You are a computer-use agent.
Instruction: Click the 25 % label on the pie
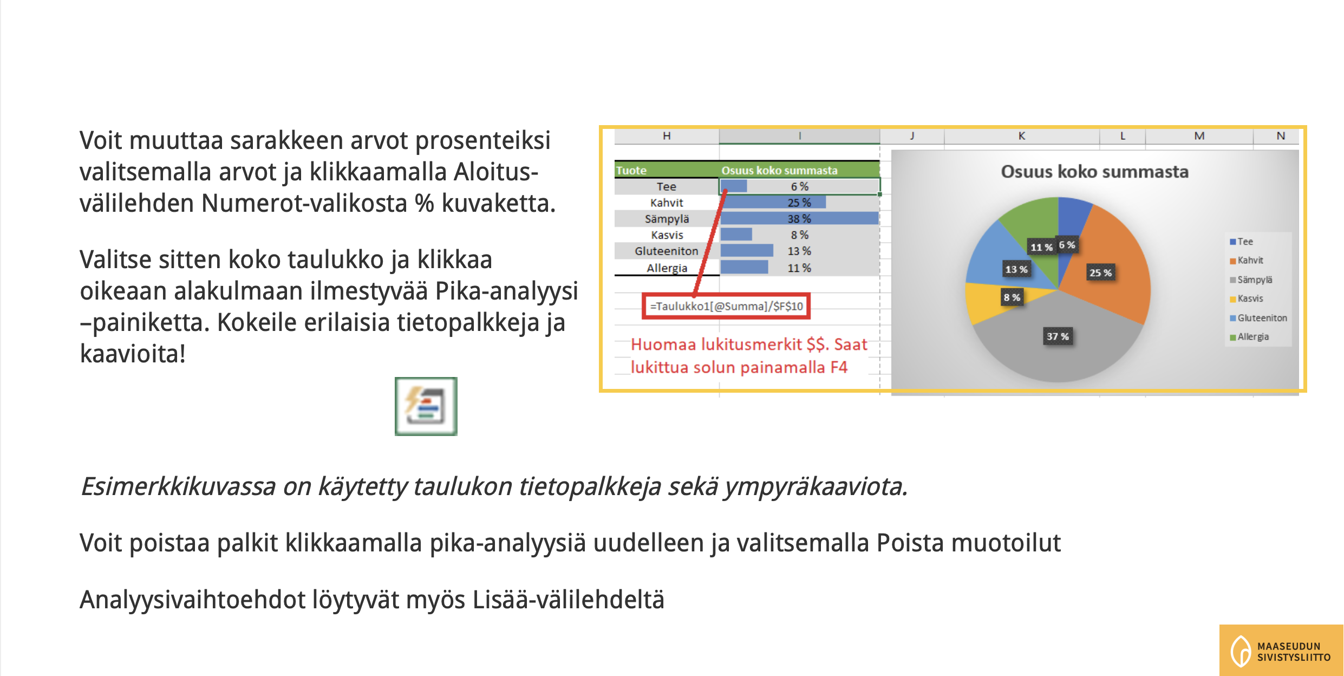tap(1100, 272)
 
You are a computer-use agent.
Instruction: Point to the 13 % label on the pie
tap(1016, 269)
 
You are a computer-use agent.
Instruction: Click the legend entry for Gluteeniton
tap(1258, 318)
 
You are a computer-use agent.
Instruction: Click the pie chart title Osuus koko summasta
tap(1094, 172)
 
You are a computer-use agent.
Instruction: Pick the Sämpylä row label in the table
tap(667, 219)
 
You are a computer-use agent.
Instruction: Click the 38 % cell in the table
tap(799, 219)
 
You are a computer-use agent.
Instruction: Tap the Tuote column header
tap(631, 170)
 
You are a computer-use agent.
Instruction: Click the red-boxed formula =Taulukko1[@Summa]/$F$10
tap(726, 306)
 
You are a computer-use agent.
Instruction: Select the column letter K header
tap(1021, 136)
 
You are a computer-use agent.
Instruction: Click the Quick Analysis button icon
tap(426, 406)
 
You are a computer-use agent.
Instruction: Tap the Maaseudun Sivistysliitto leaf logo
tap(1241, 651)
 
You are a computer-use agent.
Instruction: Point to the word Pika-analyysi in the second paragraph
tap(507, 291)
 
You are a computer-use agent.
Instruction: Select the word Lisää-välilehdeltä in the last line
tap(568, 600)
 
